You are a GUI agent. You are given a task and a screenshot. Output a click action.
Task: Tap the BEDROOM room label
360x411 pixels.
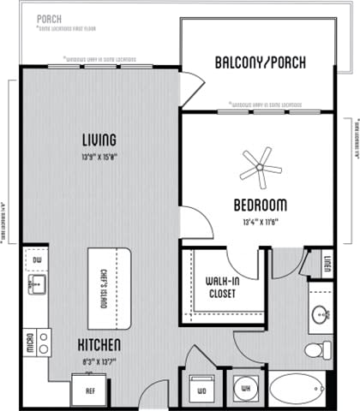coord(260,206)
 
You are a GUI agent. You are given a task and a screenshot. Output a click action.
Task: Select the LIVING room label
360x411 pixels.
coord(99,140)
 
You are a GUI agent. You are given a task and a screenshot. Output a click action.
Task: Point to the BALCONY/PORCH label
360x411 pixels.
coord(261,63)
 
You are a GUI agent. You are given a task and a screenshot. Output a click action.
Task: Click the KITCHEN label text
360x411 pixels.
coord(100,344)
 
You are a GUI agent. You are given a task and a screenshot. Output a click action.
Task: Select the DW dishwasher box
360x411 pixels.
coord(37,260)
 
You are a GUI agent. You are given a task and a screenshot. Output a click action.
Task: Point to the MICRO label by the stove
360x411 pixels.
coord(30,342)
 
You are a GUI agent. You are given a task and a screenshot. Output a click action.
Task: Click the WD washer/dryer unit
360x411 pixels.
coord(201,390)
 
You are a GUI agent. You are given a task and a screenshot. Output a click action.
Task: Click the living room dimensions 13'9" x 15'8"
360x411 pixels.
coord(99,157)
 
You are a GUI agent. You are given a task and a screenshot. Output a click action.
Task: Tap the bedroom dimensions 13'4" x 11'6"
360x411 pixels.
coord(259,223)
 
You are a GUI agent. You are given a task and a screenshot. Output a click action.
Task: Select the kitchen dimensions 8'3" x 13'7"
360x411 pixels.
coord(99,360)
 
